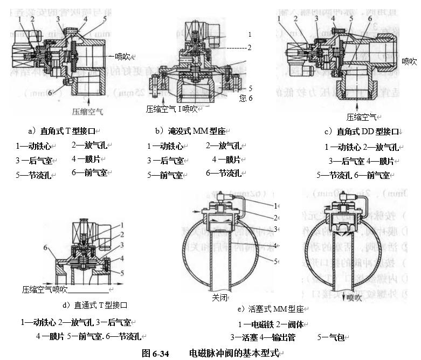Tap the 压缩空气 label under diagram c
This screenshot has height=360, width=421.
tap(361, 116)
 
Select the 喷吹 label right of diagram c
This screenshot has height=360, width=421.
tap(409, 61)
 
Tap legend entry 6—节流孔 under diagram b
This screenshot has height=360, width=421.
tap(223, 173)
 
